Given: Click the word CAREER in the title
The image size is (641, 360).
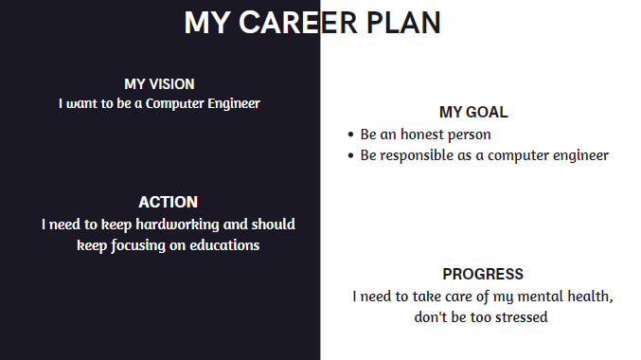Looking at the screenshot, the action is coord(298,23).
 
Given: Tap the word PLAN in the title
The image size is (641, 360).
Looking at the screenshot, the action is coord(403,23).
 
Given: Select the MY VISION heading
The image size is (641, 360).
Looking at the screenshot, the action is coord(159,84).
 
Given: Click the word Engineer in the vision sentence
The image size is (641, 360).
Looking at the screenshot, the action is coord(234,104).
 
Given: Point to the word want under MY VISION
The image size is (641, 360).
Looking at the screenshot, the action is coord(81,103).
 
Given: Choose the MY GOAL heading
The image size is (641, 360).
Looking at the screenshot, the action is coord(473,112).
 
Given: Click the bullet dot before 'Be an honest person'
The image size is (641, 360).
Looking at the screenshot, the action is coord(350,135).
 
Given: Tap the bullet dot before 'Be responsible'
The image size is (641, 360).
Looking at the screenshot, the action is coord(350,155).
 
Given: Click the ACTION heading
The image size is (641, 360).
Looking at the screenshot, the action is coord(168,202).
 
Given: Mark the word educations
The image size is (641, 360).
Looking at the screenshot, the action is coord(224,245).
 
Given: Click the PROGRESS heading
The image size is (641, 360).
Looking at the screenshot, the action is coord(483,274).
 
